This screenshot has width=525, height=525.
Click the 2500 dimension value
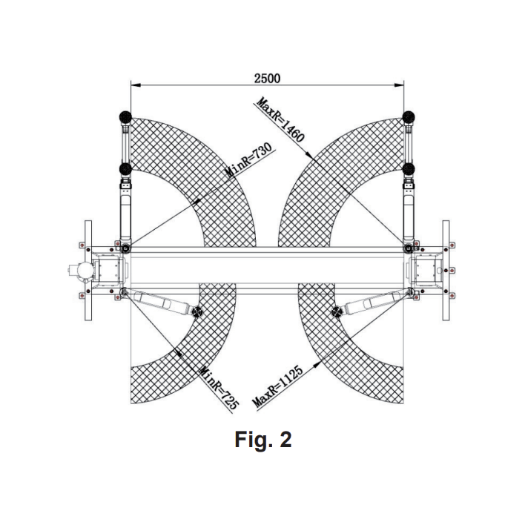click(267, 79)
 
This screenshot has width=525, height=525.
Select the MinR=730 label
click(248, 161)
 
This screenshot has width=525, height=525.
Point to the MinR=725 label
click(219, 388)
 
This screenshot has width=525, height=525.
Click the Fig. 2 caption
click(262, 439)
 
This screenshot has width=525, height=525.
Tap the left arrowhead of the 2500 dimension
click(135, 85)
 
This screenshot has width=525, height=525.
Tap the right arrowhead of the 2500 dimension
click(399, 85)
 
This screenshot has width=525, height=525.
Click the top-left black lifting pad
click(125, 117)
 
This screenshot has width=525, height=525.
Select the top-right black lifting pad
click(409, 117)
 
